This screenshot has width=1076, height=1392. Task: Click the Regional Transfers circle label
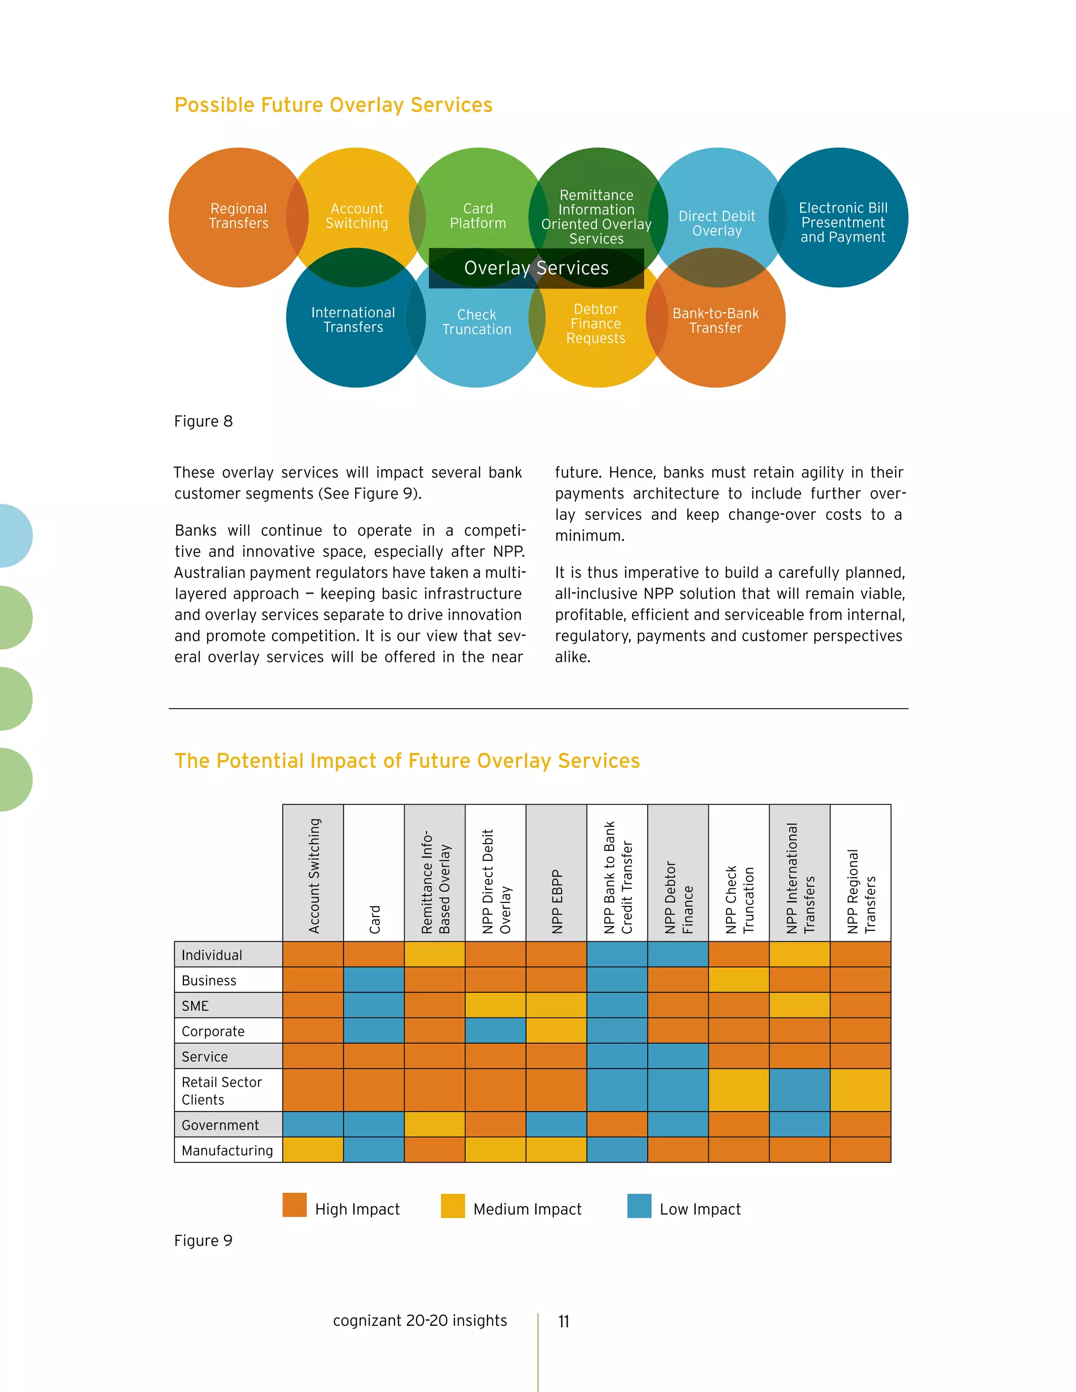(239, 216)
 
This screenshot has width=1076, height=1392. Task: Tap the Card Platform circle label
(478, 216)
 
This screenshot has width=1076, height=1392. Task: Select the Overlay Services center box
(536, 268)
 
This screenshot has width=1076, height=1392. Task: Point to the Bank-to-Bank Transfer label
(715, 320)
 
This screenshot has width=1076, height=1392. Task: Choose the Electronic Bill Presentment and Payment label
(842, 222)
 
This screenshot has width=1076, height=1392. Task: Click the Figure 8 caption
(203, 421)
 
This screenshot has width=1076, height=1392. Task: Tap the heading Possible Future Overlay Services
(334, 105)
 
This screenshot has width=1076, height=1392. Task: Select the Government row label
(220, 1125)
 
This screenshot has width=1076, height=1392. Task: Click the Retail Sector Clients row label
(221, 1090)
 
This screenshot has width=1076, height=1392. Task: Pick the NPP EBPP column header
(556, 901)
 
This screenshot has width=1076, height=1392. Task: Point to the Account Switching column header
(314, 876)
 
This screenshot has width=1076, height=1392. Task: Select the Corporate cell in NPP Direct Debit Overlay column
(495, 1031)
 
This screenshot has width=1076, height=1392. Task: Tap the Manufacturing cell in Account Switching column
(313, 1150)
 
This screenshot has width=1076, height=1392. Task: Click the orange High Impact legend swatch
(295, 1205)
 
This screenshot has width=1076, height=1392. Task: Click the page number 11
(564, 1321)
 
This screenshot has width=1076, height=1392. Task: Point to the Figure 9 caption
(203, 1240)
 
